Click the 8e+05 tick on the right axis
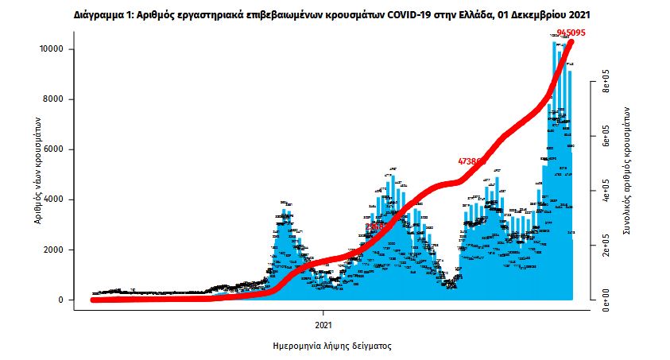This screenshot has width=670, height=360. pyautogui.click(x=606, y=82)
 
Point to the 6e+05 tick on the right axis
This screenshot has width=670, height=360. pyautogui.click(x=606, y=137)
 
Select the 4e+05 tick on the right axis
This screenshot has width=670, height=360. pyautogui.click(x=606, y=191)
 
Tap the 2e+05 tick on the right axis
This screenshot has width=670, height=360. pyautogui.click(x=606, y=246)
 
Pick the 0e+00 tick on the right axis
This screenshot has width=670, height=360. pyautogui.click(x=606, y=300)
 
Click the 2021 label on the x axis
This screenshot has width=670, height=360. pyautogui.click(x=323, y=325)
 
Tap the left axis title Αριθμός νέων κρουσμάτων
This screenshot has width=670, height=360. pyautogui.click(x=38, y=168)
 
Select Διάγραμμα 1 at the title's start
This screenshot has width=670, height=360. pyautogui.click(x=102, y=14)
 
